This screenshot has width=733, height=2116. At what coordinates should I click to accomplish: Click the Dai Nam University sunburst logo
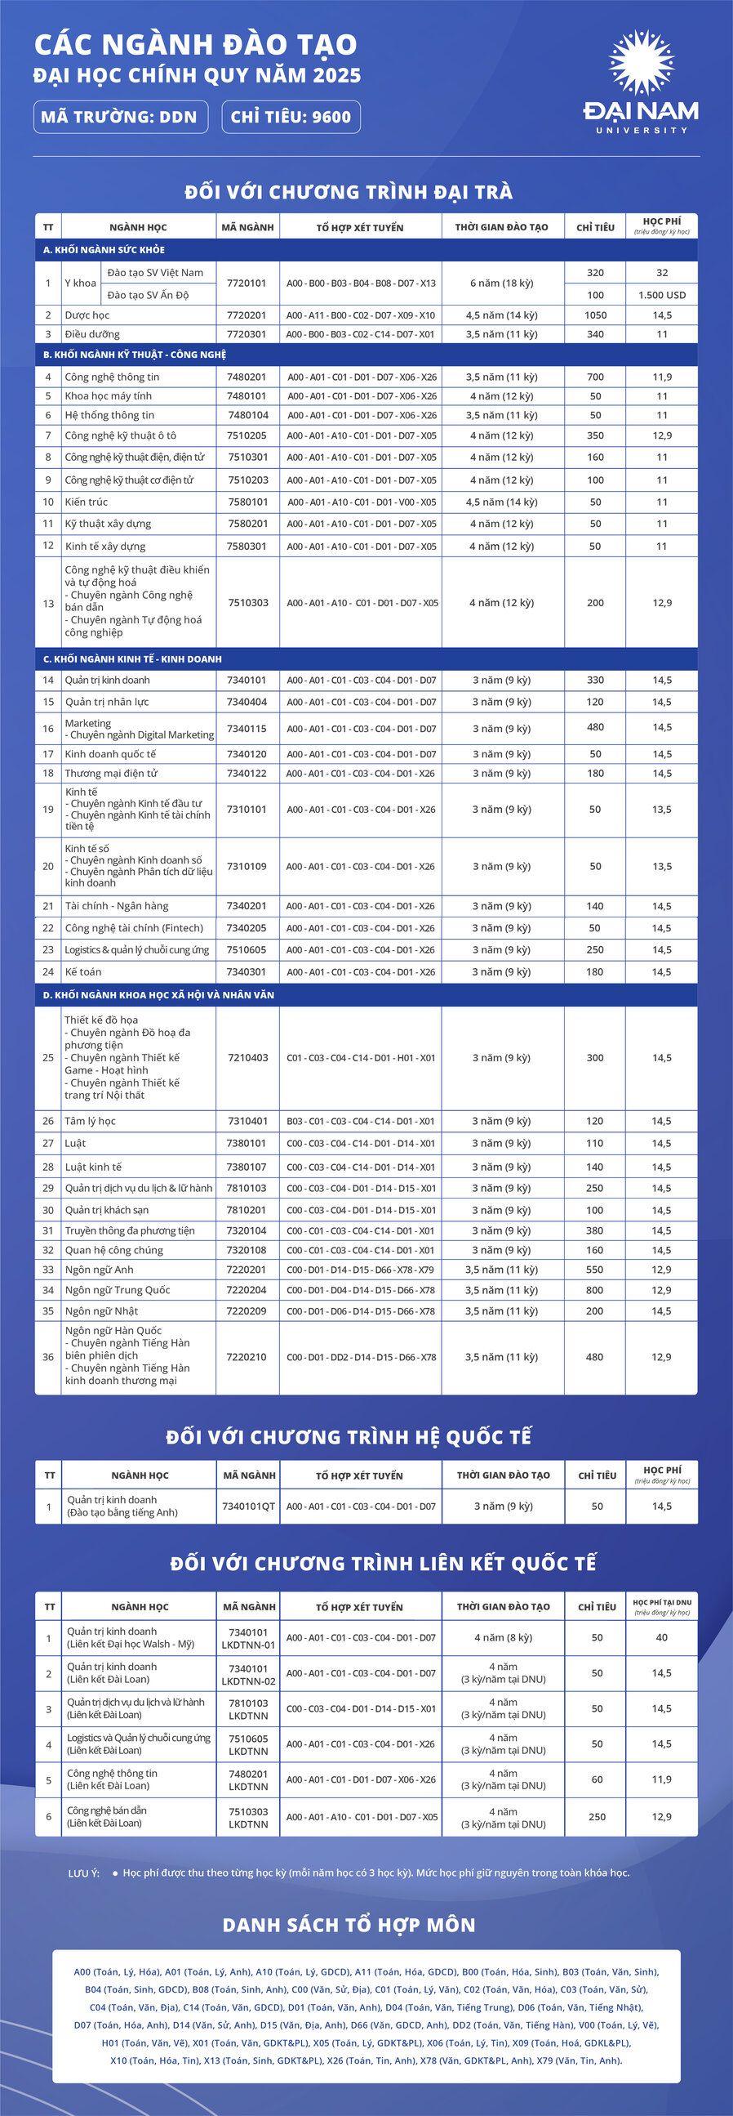pyautogui.click(x=640, y=63)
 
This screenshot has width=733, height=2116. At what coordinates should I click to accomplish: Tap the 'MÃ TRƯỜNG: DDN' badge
pyautogui.click(x=120, y=117)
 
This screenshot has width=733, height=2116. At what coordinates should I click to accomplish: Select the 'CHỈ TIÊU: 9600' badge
pyautogui.click(x=291, y=117)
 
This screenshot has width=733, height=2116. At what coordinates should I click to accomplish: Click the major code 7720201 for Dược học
pyautogui.click(x=247, y=315)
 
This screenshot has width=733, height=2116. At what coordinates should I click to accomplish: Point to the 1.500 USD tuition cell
pyautogui.click(x=662, y=295)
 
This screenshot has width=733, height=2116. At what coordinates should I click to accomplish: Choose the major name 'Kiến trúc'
pyautogui.click(x=87, y=502)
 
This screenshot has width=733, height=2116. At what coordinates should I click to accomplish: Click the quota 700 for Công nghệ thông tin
pyautogui.click(x=595, y=377)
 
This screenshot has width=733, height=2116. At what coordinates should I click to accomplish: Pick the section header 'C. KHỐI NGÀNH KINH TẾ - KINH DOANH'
pyautogui.click(x=132, y=658)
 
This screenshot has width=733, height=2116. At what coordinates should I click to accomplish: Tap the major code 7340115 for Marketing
pyautogui.click(x=247, y=729)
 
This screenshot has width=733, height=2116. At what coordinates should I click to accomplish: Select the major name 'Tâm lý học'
pyautogui.click(x=91, y=1121)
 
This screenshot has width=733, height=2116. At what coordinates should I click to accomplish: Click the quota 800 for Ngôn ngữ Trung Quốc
pyautogui.click(x=595, y=1291)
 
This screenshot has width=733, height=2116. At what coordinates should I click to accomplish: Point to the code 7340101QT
pyautogui.click(x=248, y=1507)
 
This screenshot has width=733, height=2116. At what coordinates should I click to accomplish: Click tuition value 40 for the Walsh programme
pyautogui.click(x=662, y=1637)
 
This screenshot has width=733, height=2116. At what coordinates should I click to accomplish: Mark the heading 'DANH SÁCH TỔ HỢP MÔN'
pyautogui.click(x=349, y=1925)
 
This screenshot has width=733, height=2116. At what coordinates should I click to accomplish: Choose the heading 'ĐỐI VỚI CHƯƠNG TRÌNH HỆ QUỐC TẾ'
pyautogui.click(x=349, y=1437)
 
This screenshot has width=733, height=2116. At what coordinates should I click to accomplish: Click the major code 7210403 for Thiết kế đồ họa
pyautogui.click(x=248, y=1058)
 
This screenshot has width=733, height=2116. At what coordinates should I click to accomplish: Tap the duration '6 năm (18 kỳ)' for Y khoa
pyautogui.click(x=501, y=283)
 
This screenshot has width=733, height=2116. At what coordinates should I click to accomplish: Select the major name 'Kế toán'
pyautogui.click(x=83, y=971)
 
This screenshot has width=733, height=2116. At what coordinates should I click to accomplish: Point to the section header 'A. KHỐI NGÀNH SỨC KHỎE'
pyautogui.click(x=104, y=250)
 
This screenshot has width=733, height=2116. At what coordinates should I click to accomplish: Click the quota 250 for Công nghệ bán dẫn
pyautogui.click(x=597, y=1816)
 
